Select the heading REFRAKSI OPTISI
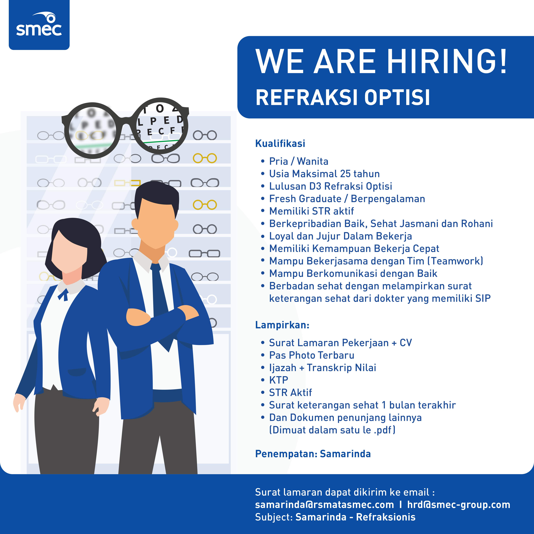[343, 98]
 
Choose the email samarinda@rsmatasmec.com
[324, 505]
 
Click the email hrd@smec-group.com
[459, 505]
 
